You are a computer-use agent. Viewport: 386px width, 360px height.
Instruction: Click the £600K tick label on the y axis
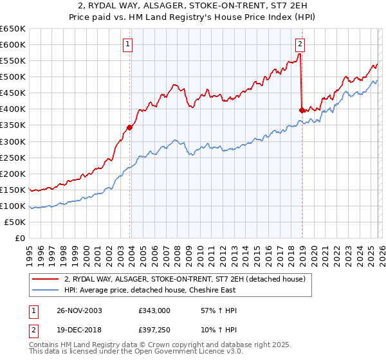click(x=13, y=45)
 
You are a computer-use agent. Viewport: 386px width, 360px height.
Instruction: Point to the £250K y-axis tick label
click(x=13, y=157)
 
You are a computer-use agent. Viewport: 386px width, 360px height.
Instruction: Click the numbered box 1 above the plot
click(x=128, y=44)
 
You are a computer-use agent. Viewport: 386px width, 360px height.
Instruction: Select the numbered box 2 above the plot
click(x=300, y=44)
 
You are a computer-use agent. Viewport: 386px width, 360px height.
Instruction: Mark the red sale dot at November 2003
click(x=130, y=127)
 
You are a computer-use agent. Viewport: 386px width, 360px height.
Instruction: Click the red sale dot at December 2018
click(x=302, y=110)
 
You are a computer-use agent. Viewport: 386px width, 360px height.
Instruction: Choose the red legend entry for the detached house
click(x=188, y=278)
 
